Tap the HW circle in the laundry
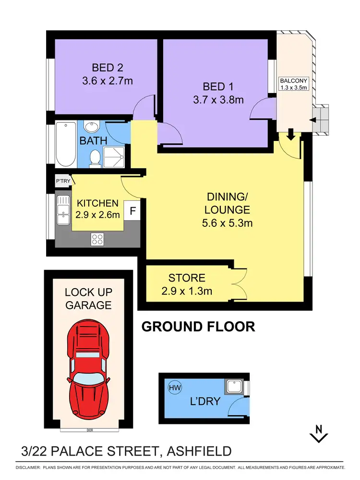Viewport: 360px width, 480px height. pyautogui.click(x=175, y=388)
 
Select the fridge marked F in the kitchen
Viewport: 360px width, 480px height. pyautogui.click(x=132, y=211)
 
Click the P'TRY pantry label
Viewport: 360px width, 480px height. pyautogui.click(x=63, y=181)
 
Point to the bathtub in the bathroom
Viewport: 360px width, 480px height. pyautogui.click(x=66, y=144)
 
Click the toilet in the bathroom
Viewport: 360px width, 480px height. pyautogui.click(x=95, y=158)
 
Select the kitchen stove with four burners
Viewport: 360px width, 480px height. pyautogui.click(x=97, y=239)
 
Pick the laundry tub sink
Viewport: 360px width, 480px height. pyautogui.click(x=234, y=386)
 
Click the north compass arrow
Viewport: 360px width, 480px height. pyautogui.click(x=319, y=434)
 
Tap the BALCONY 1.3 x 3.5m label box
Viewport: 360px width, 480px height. pyautogui.click(x=293, y=84)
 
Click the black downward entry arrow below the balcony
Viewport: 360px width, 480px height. pyautogui.click(x=291, y=134)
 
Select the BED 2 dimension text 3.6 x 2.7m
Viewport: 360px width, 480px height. pyautogui.click(x=108, y=81)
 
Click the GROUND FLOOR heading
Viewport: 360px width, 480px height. pyautogui.click(x=198, y=327)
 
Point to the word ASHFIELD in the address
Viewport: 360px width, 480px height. pyautogui.click(x=199, y=451)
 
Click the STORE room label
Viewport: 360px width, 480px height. pyautogui.click(x=187, y=278)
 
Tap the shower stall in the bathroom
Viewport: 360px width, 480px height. pyautogui.click(x=114, y=157)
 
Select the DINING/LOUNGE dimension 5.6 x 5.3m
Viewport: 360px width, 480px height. pyautogui.click(x=228, y=223)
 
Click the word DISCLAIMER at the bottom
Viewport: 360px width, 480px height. pyautogui.click(x=28, y=468)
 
